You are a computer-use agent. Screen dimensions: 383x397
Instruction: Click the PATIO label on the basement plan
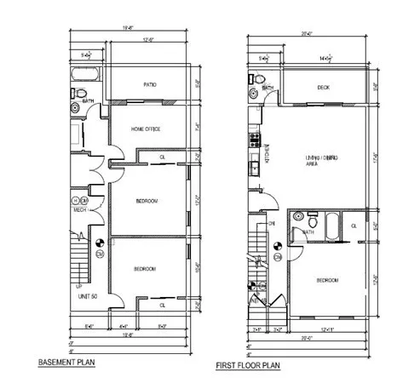click(x=151, y=85)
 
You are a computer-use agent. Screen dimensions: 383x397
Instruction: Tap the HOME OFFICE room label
click(x=146, y=129)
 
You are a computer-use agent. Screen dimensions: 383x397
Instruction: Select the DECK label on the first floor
click(x=324, y=88)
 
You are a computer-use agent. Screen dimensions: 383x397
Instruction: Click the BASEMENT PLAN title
click(x=67, y=363)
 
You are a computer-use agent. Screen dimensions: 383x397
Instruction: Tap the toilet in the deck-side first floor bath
click(x=253, y=95)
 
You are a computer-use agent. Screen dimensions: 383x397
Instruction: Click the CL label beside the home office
click(x=162, y=158)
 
